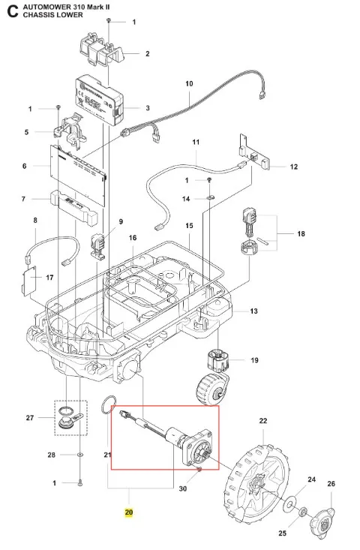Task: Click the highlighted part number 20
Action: pyautogui.click(x=129, y=512)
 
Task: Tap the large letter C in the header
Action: pyautogui.click(x=13, y=11)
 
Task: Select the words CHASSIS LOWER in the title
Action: pyautogui.click(x=53, y=15)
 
